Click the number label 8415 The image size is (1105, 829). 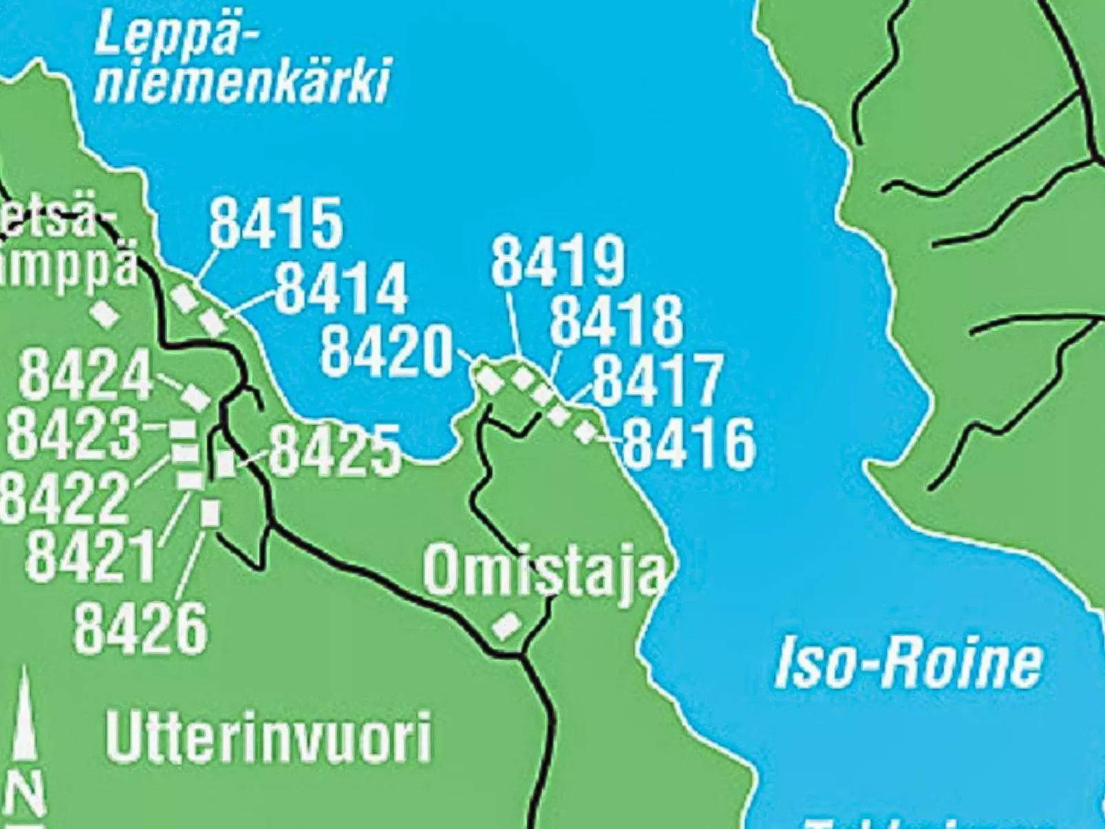point(276,223)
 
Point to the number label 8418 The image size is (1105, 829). point(616,321)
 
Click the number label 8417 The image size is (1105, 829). point(657,380)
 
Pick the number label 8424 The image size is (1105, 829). point(85,376)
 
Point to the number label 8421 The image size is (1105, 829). point(92,557)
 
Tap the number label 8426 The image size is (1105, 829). point(140,628)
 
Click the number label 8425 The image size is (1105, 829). point(334,451)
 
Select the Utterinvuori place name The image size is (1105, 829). point(269,738)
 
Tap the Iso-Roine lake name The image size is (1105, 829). point(908,663)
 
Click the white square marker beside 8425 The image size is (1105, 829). point(226,463)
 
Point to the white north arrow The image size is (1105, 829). point(25,715)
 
